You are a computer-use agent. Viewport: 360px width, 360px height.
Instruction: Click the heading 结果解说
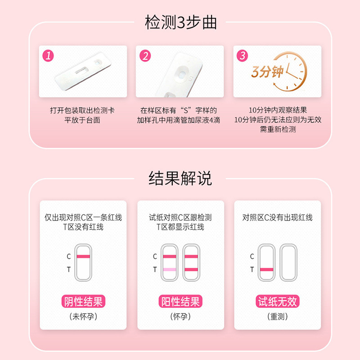(180, 179)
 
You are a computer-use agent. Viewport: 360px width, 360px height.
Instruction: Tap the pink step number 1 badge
(49, 56)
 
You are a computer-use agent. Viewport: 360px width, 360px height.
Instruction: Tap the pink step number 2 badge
(145, 56)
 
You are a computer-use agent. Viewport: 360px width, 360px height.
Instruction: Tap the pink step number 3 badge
(243, 56)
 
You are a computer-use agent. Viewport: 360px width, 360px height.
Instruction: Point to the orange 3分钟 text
(268, 72)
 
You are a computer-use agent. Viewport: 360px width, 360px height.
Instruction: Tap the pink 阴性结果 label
(83, 301)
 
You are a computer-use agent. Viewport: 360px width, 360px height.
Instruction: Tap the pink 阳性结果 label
(180, 301)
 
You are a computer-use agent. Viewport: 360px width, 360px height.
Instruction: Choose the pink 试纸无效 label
(277, 301)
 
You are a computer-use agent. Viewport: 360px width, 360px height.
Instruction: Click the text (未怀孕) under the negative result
(83, 316)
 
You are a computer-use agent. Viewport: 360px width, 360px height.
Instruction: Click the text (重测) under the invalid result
(277, 316)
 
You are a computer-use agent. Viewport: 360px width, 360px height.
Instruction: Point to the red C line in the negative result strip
(83, 256)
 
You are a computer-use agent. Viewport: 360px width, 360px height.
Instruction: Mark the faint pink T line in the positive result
(169, 269)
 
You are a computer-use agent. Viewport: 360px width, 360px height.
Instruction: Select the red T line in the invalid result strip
(266, 269)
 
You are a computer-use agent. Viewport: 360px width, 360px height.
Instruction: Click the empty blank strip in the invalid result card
(288, 263)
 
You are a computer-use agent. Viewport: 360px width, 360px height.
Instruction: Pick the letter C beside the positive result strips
(155, 256)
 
